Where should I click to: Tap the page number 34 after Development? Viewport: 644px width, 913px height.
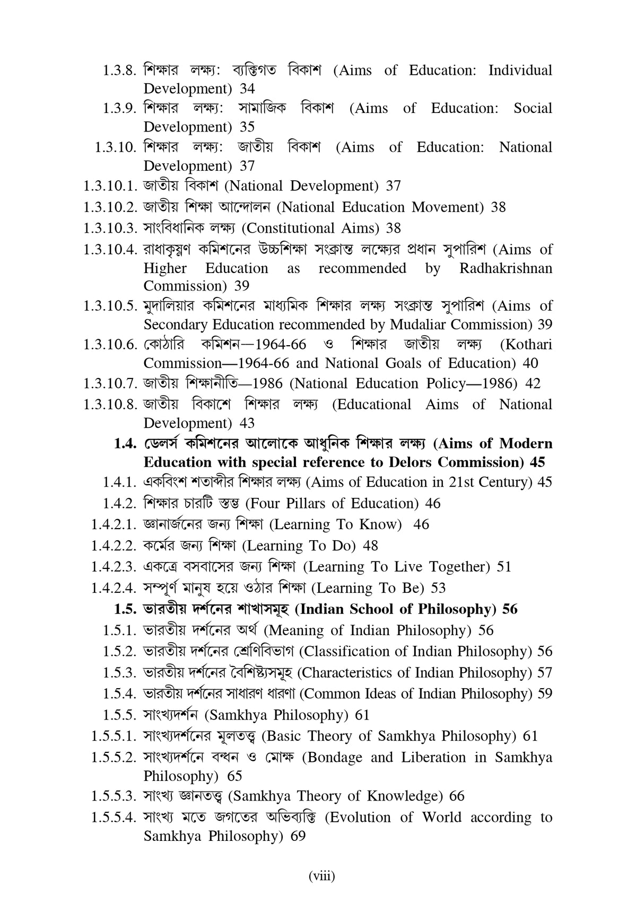point(247,89)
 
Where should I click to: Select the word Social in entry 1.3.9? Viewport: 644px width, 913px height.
point(533,108)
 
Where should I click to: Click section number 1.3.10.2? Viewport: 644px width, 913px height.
point(111,207)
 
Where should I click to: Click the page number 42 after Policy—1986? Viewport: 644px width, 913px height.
point(532,383)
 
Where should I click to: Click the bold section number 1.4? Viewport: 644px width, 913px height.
point(126,443)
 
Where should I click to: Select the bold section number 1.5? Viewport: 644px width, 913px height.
point(126,609)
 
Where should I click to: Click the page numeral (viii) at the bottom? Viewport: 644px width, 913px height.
point(322,876)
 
